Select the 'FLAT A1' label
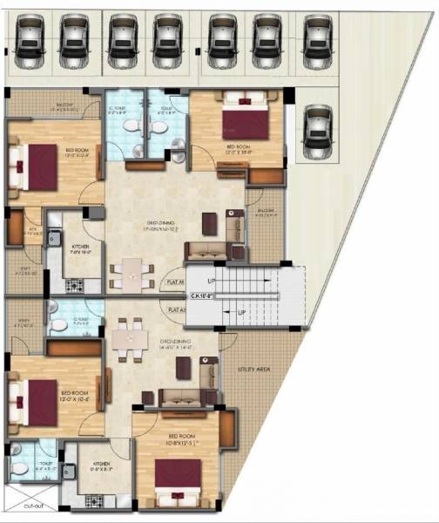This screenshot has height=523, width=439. (178, 309)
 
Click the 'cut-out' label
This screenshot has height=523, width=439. (34, 505)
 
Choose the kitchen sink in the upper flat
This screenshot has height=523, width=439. (52, 237)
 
